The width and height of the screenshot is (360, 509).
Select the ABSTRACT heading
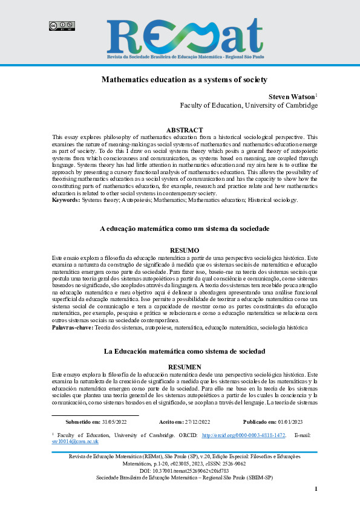point(184,130)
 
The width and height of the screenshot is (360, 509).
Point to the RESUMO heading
point(184,250)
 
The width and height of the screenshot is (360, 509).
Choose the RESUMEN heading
point(184,366)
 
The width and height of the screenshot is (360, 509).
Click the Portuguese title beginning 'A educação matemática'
point(184,229)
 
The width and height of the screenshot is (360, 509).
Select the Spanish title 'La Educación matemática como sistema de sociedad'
point(184,351)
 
